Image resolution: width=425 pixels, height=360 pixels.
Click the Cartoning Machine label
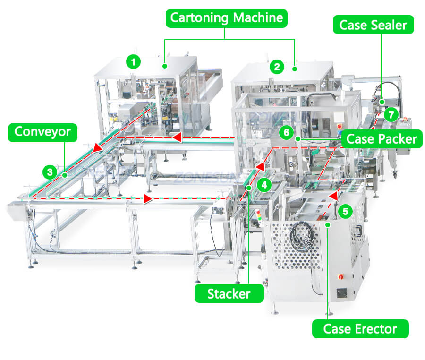click(x=226, y=18)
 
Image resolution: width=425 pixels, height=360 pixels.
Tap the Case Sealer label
click(x=373, y=25)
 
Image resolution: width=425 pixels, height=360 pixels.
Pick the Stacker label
click(x=229, y=293)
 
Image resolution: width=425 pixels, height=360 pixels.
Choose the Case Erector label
click(x=360, y=328)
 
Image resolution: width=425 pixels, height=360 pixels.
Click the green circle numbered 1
click(x=134, y=61)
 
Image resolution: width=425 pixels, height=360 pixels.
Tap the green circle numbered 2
click(x=277, y=67)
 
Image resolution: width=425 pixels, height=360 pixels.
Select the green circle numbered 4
click(x=265, y=186)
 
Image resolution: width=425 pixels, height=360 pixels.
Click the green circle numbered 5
click(x=346, y=211)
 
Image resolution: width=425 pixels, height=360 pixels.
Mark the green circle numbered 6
click(x=285, y=133)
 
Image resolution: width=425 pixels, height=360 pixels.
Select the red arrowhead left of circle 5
click(x=333, y=195)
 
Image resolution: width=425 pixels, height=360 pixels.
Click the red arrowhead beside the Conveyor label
click(x=98, y=148)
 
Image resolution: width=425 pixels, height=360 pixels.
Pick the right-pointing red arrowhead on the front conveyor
click(x=147, y=199)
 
